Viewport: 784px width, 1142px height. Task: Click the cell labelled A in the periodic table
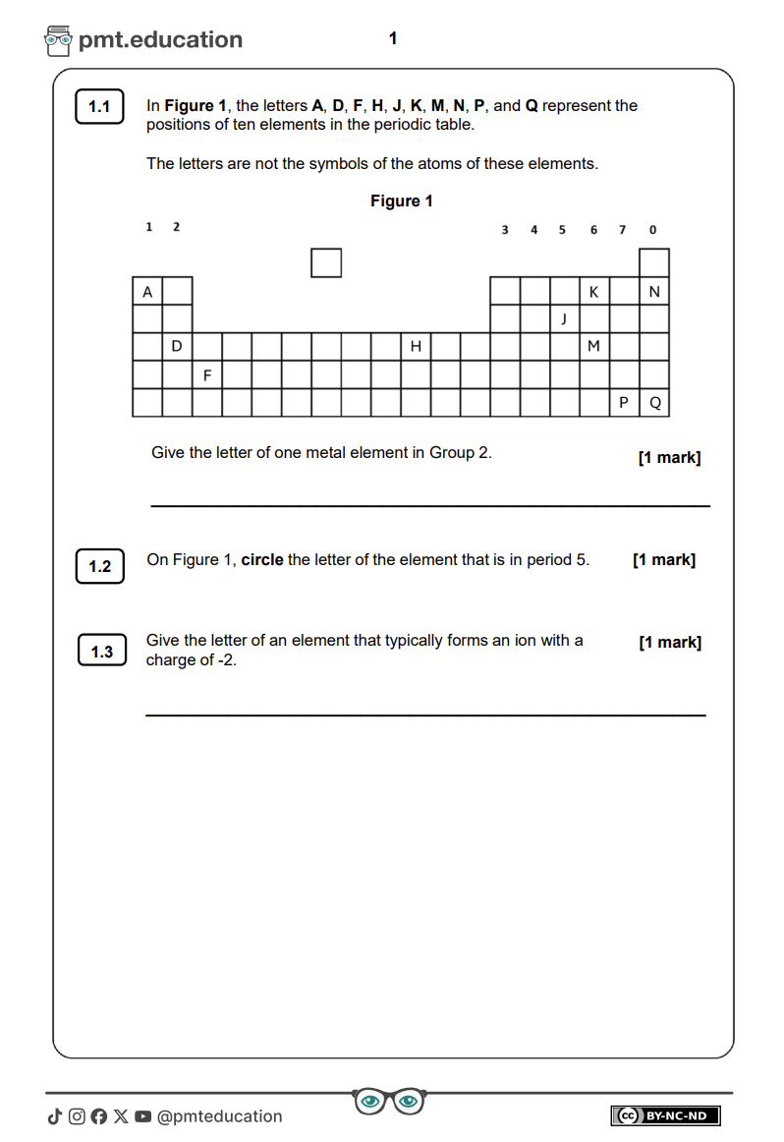point(147,292)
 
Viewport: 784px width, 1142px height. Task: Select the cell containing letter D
point(177,346)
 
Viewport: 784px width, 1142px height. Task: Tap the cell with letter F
point(207,374)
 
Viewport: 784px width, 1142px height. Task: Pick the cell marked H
point(416,346)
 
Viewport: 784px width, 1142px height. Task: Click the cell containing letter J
point(564,318)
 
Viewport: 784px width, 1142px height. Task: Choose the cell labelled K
point(593,292)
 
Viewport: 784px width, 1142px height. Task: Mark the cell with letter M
point(593,346)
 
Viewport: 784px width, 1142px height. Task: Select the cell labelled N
point(654,292)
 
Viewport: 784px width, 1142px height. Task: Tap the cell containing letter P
point(624,402)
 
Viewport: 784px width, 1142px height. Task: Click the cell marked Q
point(655,402)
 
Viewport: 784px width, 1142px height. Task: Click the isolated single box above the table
point(326,263)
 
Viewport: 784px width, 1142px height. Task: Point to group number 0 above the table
point(652,230)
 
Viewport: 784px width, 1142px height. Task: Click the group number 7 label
point(622,230)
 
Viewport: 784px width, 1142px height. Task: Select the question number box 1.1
point(99,107)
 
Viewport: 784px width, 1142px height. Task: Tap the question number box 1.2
point(100,566)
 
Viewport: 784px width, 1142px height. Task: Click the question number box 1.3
point(102,652)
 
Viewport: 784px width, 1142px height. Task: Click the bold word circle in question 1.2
point(262,560)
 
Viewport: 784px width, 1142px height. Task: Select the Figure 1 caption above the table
point(401,201)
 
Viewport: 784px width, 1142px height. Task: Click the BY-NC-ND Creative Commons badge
point(665,1115)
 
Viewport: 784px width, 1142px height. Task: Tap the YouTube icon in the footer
point(143,1116)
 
